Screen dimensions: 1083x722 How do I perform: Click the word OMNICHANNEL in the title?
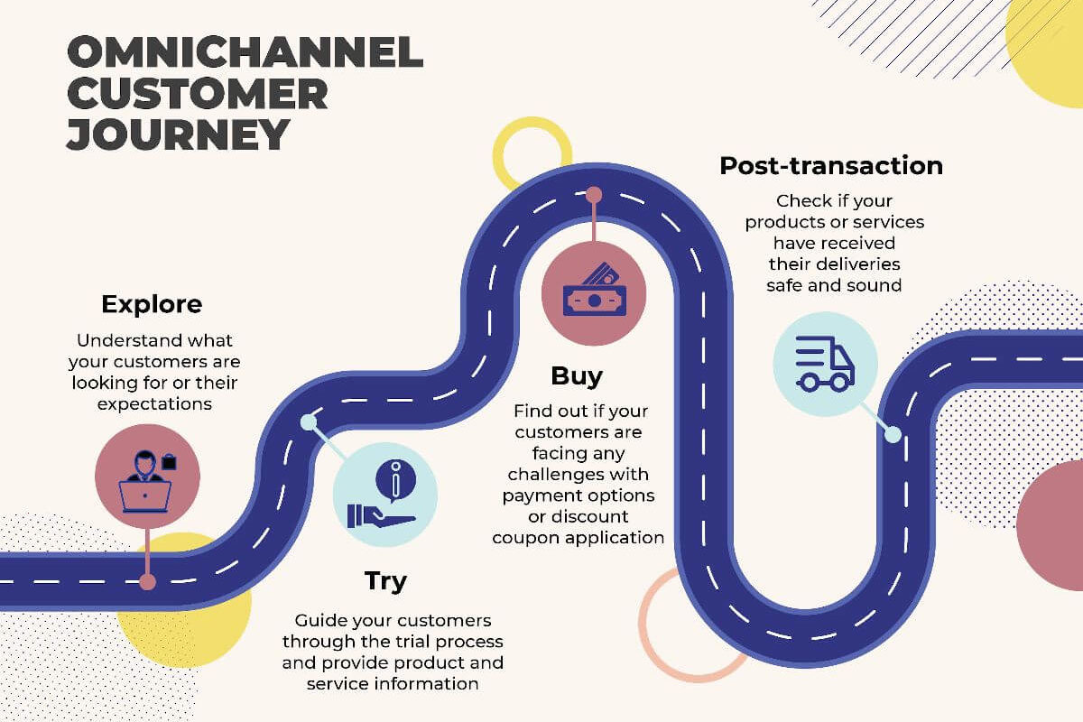point(245,51)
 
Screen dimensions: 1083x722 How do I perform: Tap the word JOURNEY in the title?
point(178,134)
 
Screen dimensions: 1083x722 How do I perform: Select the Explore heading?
point(152,305)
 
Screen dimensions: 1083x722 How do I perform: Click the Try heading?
point(385,582)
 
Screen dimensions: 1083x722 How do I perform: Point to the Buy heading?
point(577,376)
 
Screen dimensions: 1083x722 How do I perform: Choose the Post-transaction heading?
point(831,166)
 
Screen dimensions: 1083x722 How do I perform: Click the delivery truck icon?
point(825,364)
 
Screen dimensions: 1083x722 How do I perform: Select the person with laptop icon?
point(147,481)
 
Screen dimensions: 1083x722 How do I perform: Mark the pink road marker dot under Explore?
point(147,582)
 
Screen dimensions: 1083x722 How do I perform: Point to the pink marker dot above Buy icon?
point(594,195)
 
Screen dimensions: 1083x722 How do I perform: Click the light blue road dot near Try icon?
point(308,422)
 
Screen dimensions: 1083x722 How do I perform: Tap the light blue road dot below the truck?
point(893,434)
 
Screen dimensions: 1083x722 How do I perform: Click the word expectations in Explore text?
point(154,404)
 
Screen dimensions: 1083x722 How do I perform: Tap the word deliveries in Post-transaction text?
point(859,264)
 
